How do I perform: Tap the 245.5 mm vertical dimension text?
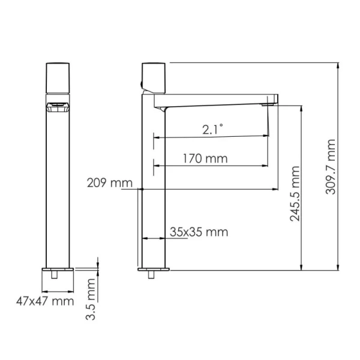tap(295, 193)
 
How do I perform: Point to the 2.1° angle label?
tap(212, 128)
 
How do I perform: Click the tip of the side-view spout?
tap(273, 100)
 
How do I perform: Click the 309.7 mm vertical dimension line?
tap(341, 167)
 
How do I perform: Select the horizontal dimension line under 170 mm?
tap(210, 166)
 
